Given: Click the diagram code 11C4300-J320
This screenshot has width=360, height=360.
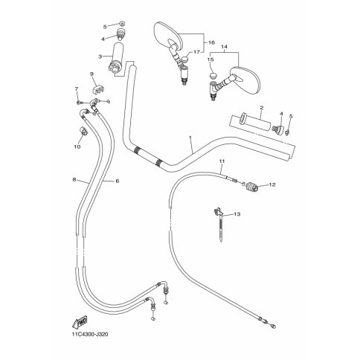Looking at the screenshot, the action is point(90,335).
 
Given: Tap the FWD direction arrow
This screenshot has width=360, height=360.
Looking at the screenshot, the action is point(80,321).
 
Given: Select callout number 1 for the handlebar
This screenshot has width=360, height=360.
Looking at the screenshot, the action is point(190,138).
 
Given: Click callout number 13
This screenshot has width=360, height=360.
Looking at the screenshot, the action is point(237,214).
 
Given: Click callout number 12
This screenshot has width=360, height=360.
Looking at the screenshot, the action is point(272,184).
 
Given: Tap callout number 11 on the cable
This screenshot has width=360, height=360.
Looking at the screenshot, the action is point(222,161).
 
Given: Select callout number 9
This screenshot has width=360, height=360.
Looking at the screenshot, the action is point(91,74).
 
